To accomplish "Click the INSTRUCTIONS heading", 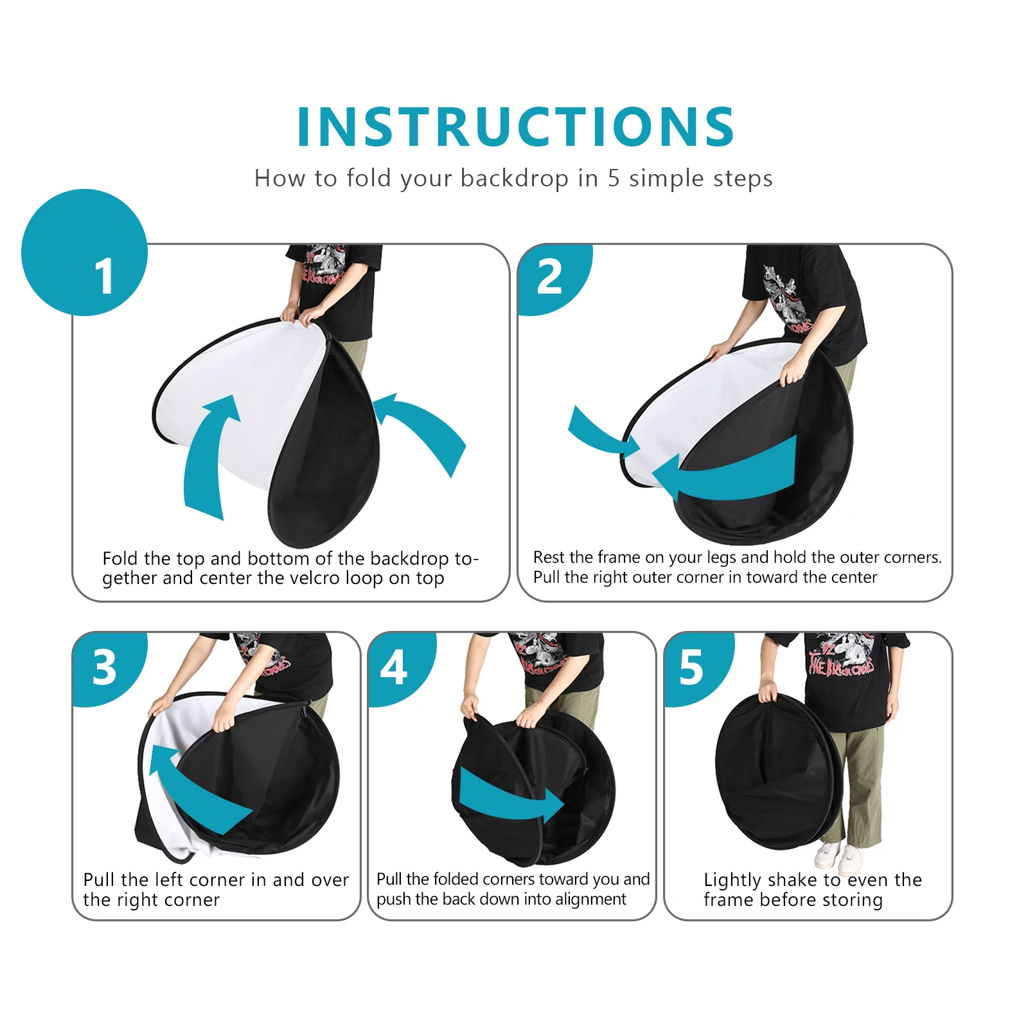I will point(515,127).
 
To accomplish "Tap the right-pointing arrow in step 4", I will point(508,797).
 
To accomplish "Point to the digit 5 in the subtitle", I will point(614,178).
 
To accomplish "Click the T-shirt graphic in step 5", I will point(842,655).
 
